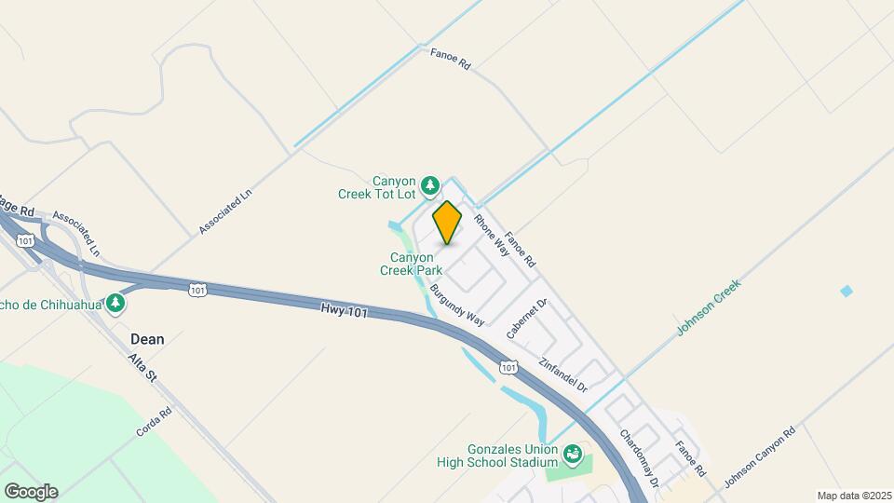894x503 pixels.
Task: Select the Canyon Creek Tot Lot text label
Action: coord(379,187)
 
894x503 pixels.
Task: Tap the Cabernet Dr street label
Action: coord(528,319)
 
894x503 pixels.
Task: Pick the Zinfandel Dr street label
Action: coord(563,374)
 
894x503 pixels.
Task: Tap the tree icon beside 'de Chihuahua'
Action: coord(115,304)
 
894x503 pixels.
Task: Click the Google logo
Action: coord(31,491)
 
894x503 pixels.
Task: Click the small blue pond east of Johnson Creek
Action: coord(847,291)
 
